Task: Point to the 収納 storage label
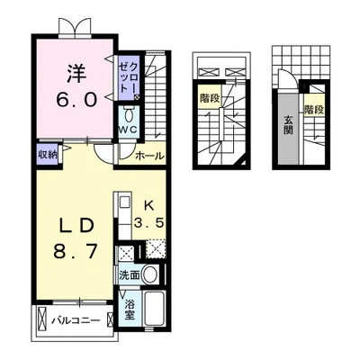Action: point(48,154)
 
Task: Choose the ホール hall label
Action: point(149,156)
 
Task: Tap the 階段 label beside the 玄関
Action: point(313,110)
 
